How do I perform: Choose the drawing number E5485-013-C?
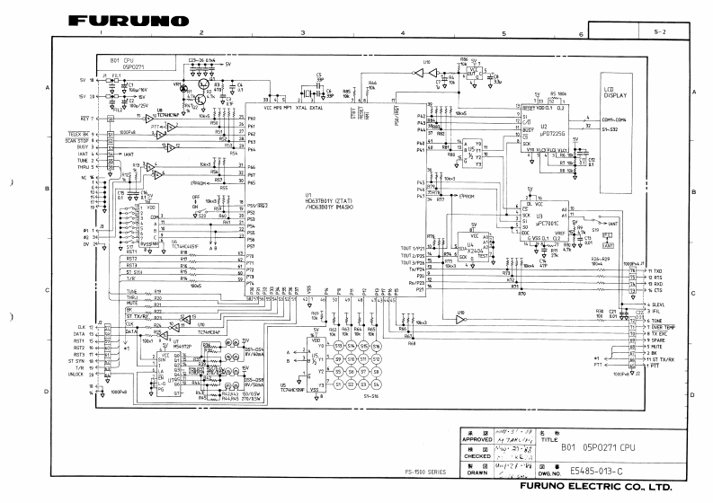click(x=601, y=469)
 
